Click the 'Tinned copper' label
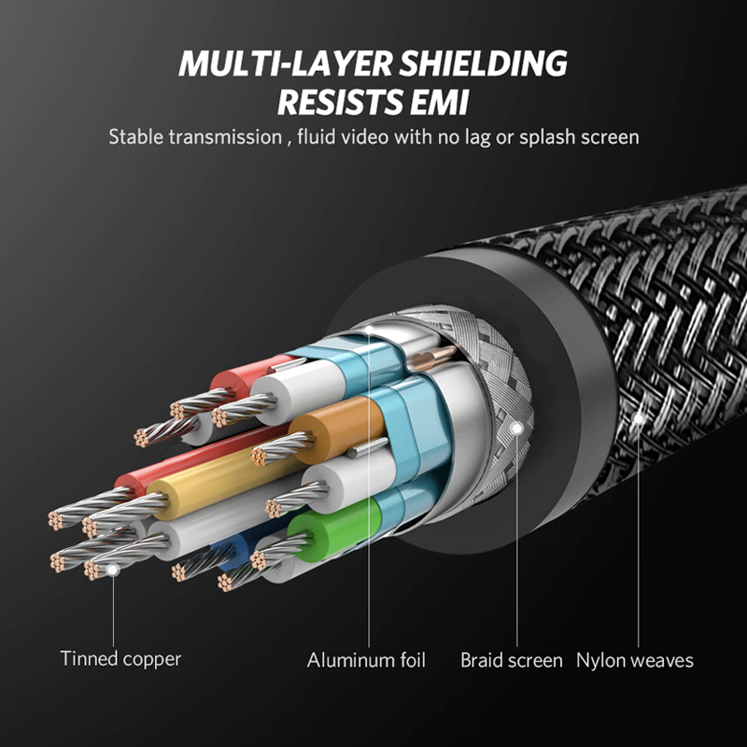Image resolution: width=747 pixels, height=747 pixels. click(x=120, y=659)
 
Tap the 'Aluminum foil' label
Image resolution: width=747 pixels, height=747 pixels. click(x=366, y=660)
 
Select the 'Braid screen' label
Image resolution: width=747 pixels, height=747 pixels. click(x=511, y=660)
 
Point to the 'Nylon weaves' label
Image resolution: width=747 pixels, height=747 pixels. click(x=635, y=660)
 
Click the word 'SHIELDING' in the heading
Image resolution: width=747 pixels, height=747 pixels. click(x=483, y=63)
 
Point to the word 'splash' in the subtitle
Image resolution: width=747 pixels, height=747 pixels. click(x=547, y=137)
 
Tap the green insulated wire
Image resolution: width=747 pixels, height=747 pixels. click(x=333, y=529)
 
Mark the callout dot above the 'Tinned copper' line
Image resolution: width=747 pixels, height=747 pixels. click(x=112, y=570)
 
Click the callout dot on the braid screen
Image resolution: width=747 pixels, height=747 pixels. click(x=517, y=429)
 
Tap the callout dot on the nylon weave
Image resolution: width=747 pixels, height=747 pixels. click(x=639, y=418)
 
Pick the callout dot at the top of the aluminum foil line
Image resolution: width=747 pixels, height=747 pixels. click(x=369, y=330)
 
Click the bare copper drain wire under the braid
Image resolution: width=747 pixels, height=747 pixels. click(x=432, y=358)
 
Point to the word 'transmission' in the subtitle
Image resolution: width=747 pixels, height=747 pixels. click(x=225, y=137)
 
